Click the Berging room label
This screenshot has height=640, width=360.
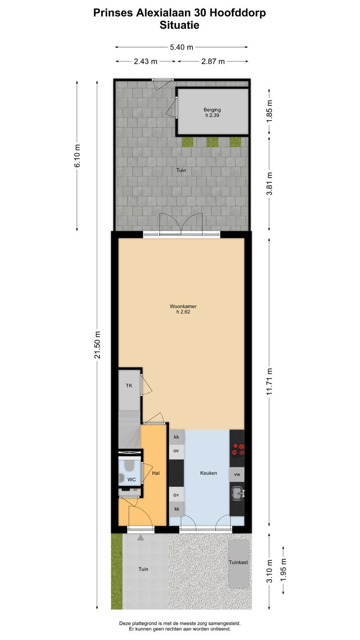[212, 110]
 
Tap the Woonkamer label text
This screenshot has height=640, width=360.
[183, 306]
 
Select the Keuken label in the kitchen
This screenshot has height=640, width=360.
[208, 473]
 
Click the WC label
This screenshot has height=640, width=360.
[132, 480]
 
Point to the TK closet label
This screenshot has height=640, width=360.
[129, 386]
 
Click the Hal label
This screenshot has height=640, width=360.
[156, 473]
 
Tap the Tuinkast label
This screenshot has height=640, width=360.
[238, 562]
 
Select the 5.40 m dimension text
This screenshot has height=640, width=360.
[182, 47]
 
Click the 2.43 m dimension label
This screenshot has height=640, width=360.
[146, 62]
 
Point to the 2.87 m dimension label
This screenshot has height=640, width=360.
[213, 62]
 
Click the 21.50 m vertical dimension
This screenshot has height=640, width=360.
[98, 344]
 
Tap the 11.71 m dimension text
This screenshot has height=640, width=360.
[270, 382]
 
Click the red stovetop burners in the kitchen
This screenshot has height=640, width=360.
[238, 449]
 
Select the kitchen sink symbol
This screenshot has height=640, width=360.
[238, 494]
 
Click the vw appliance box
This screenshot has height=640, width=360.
[237, 474]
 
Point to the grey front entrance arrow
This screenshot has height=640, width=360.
[140, 538]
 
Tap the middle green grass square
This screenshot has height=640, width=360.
[212, 142]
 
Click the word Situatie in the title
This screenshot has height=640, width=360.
[180, 25]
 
